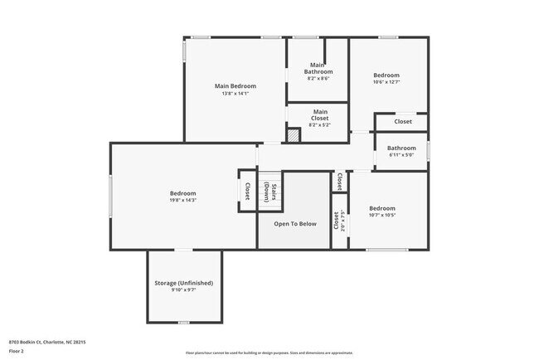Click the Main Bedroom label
click(x=235, y=85)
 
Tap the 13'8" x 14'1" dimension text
click(x=235, y=94)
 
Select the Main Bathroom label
click(x=318, y=68)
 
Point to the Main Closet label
click(x=319, y=114)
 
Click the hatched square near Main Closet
click(x=293, y=135)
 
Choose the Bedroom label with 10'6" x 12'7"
click(x=386, y=75)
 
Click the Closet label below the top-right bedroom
click(x=402, y=122)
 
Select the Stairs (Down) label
click(x=270, y=192)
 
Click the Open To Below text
click(x=295, y=223)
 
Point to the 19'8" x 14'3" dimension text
click(x=182, y=200)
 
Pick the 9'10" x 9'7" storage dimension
click(x=184, y=290)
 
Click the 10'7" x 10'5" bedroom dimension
click(x=382, y=215)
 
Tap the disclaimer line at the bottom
click(x=269, y=353)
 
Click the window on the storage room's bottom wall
click(x=184, y=322)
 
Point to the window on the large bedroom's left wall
click(x=111, y=196)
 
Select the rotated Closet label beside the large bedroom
click(x=247, y=191)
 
